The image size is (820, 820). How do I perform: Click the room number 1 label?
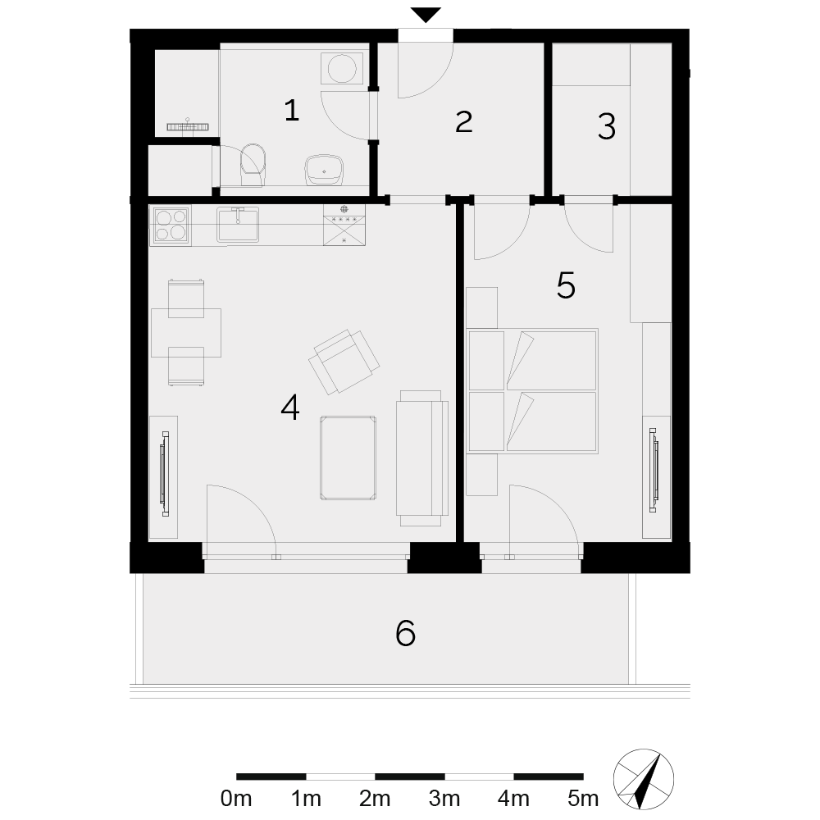pyautogui.click(x=292, y=111)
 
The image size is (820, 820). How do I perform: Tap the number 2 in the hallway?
pyautogui.click(x=464, y=122)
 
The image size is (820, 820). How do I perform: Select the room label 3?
pyautogui.click(x=607, y=126)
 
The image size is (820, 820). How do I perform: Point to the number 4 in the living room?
pyautogui.click(x=290, y=408)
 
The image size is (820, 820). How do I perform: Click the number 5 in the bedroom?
pyautogui.click(x=566, y=285)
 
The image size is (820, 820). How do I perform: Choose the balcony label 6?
pyautogui.click(x=405, y=633)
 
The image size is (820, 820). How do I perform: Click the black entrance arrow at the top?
pyautogui.click(x=426, y=15)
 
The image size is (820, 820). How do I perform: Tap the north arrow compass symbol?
pyautogui.click(x=643, y=779)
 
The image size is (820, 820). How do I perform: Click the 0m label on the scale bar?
pyautogui.click(x=236, y=799)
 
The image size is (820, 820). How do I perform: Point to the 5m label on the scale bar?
pyautogui.click(x=583, y=799)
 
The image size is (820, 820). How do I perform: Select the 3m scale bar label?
pyautogui.click(x=444, y=799)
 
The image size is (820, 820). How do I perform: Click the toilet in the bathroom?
pyautogui.click(x=253, y=165)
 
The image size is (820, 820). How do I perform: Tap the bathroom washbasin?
pyautogui.click(x=324, y=170)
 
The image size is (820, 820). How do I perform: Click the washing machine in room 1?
pyautogui.click(x=342, y=68)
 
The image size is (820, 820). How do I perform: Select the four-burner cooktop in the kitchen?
pyautogui.click(x=171, y=225)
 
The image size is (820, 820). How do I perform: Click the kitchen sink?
pyautogui.click(x=238, y=225)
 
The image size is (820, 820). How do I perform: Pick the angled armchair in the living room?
pyautogui.click(x=344, y=362)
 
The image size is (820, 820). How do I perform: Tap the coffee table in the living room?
pyautogui.click(x=348, y=458)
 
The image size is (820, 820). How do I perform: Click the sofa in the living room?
pyautogui.click(x=422, y=458)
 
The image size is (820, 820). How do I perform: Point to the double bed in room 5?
pyautogui.click(x=532, y=390)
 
